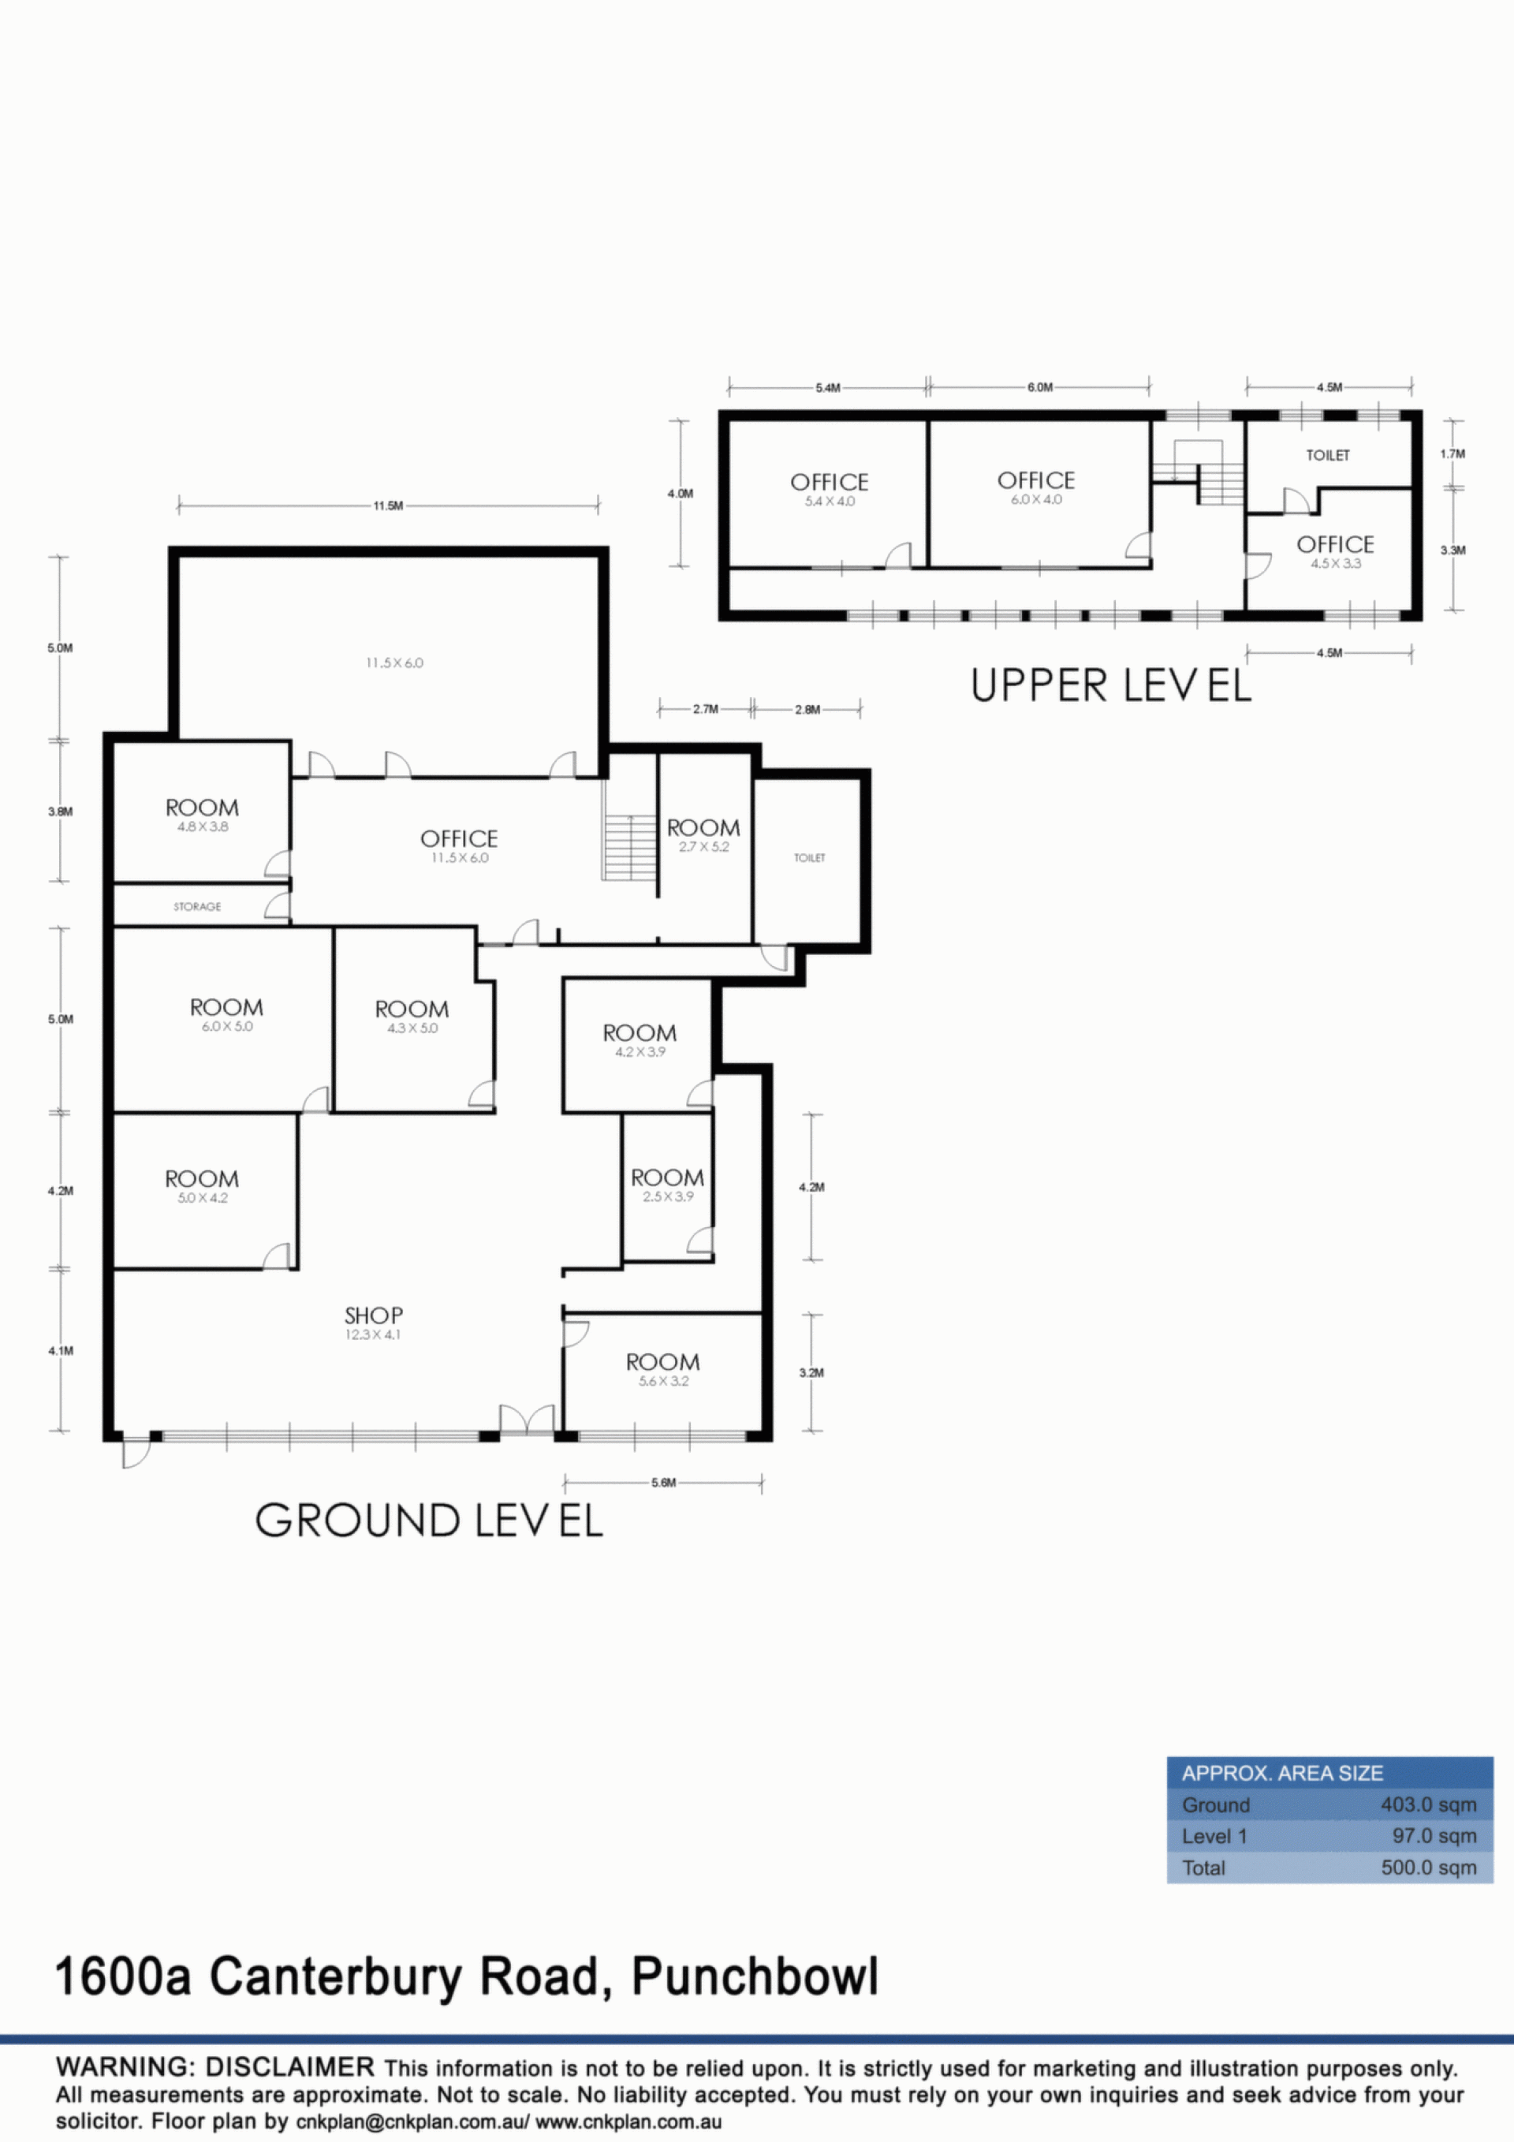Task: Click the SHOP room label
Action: [x=373, y=1315]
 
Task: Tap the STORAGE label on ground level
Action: [x=197, y=906]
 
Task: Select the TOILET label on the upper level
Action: [x=1327, y=455]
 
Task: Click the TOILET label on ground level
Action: [x=809, y=857]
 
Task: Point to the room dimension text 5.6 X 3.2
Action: [x=663, y=1381]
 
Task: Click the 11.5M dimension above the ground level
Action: [x=388, y=506]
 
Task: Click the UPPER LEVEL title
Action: [x=1110, y=685]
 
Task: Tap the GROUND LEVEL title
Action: [x=429, y=1520]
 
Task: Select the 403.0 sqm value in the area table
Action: [x=1428, y=1805]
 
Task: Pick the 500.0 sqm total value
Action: [x=1428, y=1868]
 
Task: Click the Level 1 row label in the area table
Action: [x=1214, y=1836]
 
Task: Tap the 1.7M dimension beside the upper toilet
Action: [x=1452, y=454]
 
